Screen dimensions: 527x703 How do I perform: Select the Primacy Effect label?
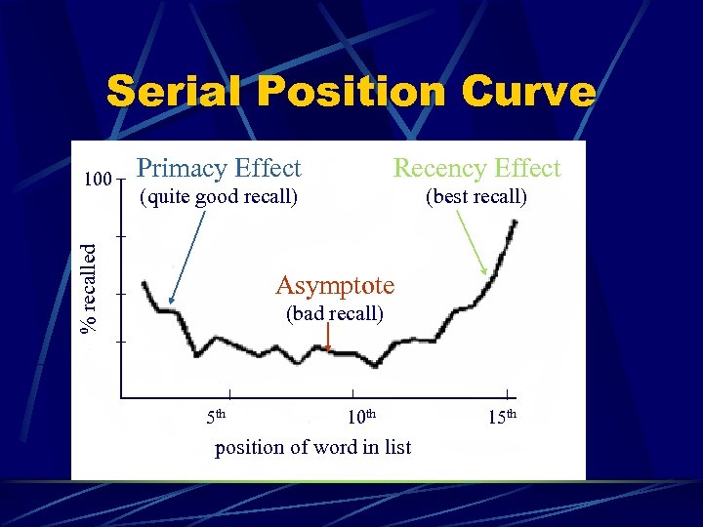pyautogui.click(x=219, y=169)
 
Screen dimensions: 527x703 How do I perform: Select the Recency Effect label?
pyautogui.click(x=476, y=169)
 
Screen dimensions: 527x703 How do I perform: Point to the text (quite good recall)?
pyautogui.click(x=218, y=197)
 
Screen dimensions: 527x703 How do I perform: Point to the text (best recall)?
pyautogui.click(x=476, y=197)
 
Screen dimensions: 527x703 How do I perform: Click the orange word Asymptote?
pyautogui.click(x=335, y=285)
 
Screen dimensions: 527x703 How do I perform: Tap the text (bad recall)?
pyautogui.click(x=334, y=314)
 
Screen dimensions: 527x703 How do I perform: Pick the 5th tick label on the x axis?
pyautogui.click(x=216, y=418)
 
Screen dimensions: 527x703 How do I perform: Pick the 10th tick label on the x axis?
pyautogui.click(x=362, y=418)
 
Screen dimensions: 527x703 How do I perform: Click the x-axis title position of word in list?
pyautogui.click(x=312, y=447)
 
